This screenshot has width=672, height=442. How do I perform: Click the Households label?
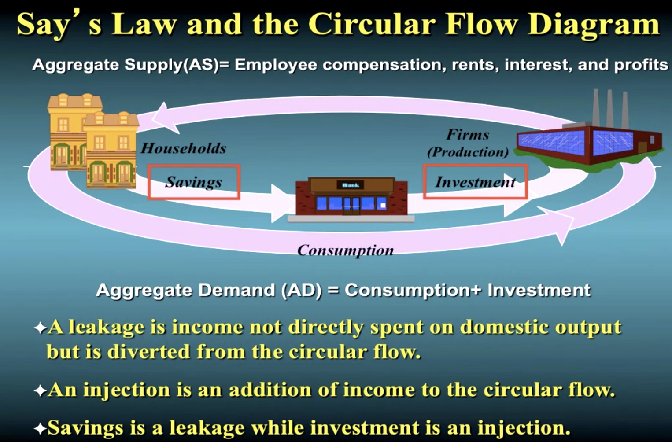(x=184, y=148)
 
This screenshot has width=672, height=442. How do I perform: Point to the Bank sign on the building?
(x=351, y=185)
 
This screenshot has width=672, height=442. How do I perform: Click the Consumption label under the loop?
(x=346, y=250)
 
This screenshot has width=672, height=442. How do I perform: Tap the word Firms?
(x=468, y=134)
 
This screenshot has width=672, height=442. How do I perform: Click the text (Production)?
(x=468, y=152)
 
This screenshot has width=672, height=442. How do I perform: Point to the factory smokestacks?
(x=609, y=108)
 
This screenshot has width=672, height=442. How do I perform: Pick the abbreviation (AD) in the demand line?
(x=301, y=290)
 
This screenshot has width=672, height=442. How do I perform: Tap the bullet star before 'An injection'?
(x=40, y=391)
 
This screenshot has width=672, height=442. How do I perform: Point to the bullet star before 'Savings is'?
(x=40, y=429)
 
